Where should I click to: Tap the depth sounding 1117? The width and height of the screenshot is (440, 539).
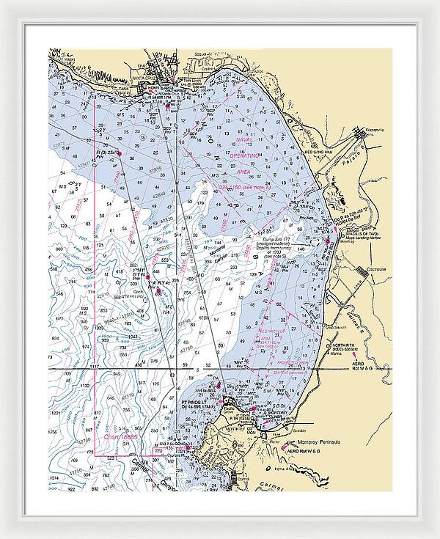click(x=93, y=366)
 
